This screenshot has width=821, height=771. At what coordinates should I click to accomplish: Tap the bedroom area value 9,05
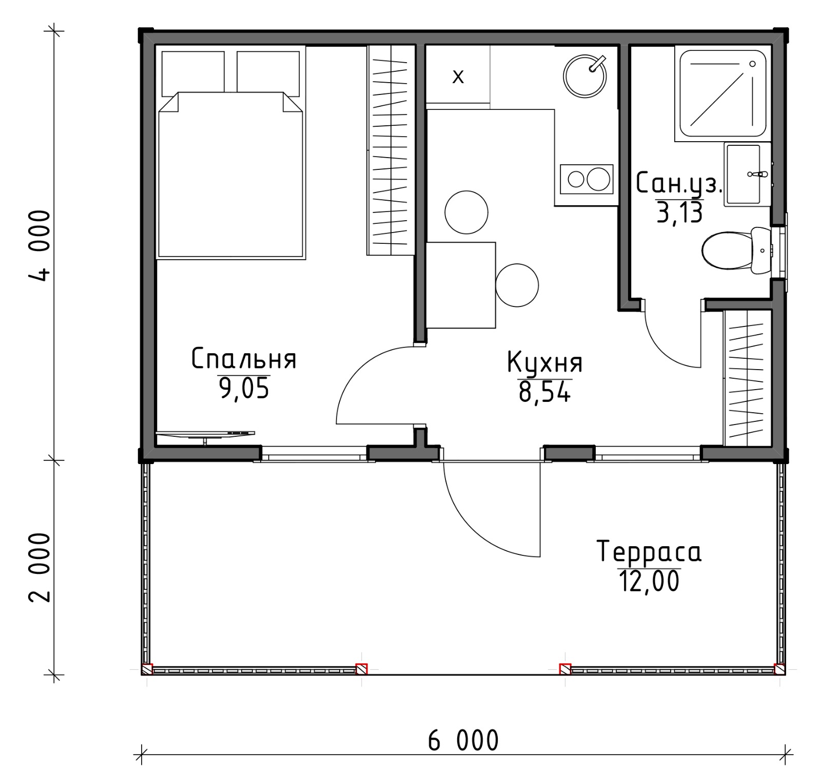[x=244, y=388]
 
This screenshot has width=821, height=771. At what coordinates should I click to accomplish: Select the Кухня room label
[x=545, y=362]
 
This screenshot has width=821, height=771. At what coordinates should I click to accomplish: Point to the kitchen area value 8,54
[x=544, y=392]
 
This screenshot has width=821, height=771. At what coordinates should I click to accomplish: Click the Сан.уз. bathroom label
[x=679, y=184]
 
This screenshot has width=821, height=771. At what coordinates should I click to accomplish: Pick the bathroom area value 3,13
[x=679, y=212]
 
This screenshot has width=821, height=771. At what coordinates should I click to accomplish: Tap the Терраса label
[x=649, y=552]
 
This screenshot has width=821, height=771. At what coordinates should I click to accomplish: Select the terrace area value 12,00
[x=649, y=581]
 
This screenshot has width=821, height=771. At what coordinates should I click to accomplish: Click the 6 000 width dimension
[x=463, y=741]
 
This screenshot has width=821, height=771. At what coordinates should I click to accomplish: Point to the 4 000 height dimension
[x=40, y=245]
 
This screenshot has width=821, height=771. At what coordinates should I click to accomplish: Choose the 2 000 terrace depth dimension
[x=40, y=567]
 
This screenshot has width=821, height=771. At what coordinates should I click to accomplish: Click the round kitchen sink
[x=585, y=76]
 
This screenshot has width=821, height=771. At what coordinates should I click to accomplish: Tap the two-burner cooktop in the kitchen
[x=587, y=179]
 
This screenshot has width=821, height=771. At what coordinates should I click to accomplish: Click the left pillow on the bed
[x=193, y=74]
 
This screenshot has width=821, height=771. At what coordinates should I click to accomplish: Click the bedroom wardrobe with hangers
[x=390, y=150]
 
